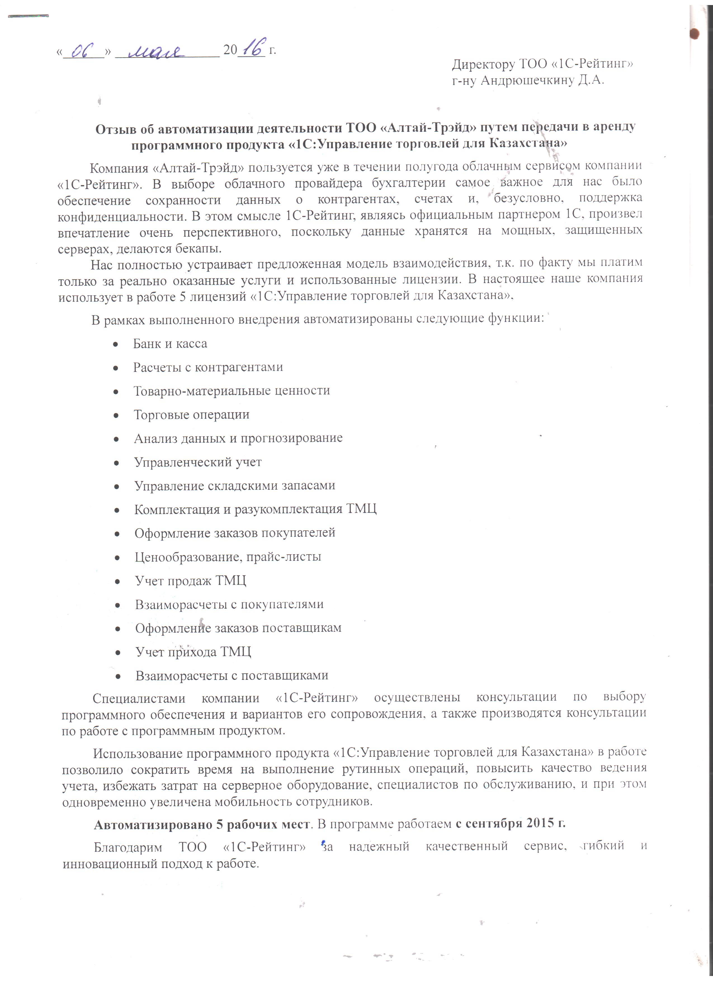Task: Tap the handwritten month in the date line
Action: [x=156, y=51]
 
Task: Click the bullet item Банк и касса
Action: [x=170, y=344]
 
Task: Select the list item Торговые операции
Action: [x=192, y=415]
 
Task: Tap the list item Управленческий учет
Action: [x=198, y=462]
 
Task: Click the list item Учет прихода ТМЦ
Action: [x=193, y=652]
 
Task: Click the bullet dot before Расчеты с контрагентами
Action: [x=116, y=368]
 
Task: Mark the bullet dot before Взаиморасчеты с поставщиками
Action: [x=118, y=676]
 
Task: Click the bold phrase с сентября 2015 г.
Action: [x=510, y=824]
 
